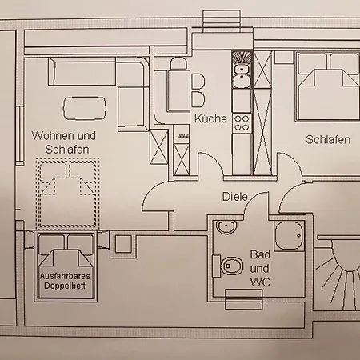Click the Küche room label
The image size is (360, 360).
[x=210, y=118]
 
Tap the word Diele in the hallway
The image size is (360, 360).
[x=235, y=197]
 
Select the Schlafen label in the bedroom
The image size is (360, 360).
[x=328, y=140]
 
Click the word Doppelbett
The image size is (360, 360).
[x=65, y=286]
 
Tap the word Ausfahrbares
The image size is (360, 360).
[x=65, y=276]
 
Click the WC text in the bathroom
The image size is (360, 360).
[x=260, y=282]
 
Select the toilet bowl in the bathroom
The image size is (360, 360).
[x=228, y=266]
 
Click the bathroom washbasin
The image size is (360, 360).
[x=226, y=227]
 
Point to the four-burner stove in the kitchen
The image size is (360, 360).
[x=242, y=123]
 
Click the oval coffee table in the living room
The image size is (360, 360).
[x=85, y=108]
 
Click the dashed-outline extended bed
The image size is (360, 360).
[x=68, y=193]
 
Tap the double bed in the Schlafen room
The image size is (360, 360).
[x=327, y=86]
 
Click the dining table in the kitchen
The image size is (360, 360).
[x=179, y=90]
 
